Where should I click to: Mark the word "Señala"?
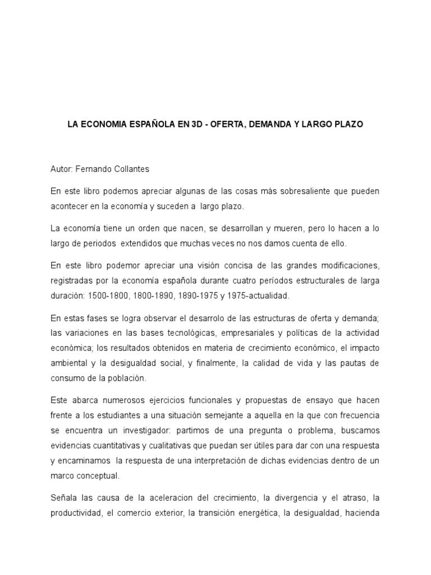[63, 498]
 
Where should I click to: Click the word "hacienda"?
[361, 513]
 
